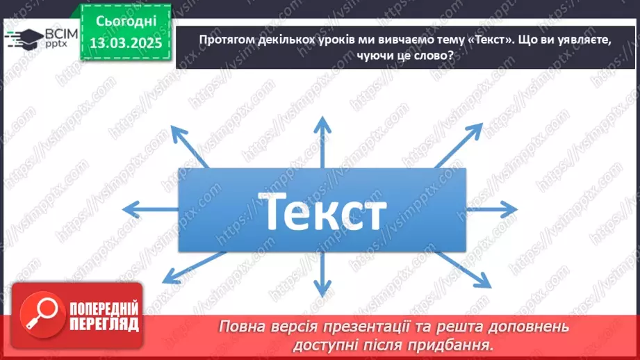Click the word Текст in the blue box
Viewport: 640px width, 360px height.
click(x=321, y=211)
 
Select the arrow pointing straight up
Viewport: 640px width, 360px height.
click(x=321, y=142)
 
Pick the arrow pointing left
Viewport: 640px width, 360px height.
click(x=149, y=208)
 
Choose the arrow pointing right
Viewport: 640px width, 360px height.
click(x=490, y=208)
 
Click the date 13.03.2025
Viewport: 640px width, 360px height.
click(x=126, y=44)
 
